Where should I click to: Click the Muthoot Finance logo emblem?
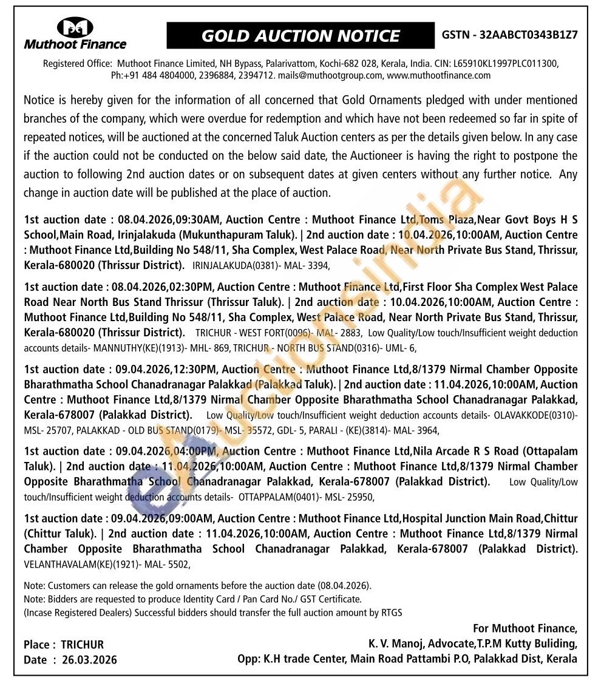pyautogui.click(x=75, y=27)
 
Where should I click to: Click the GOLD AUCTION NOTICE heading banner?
pyautogui.click(x=300, y=36)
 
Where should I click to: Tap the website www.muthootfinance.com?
pyautogui.click(x=438, y=75)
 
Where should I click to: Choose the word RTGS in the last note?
pyautogui.click(x=389, y=613)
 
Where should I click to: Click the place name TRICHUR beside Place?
pyautogui.click(x=83, y=645)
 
